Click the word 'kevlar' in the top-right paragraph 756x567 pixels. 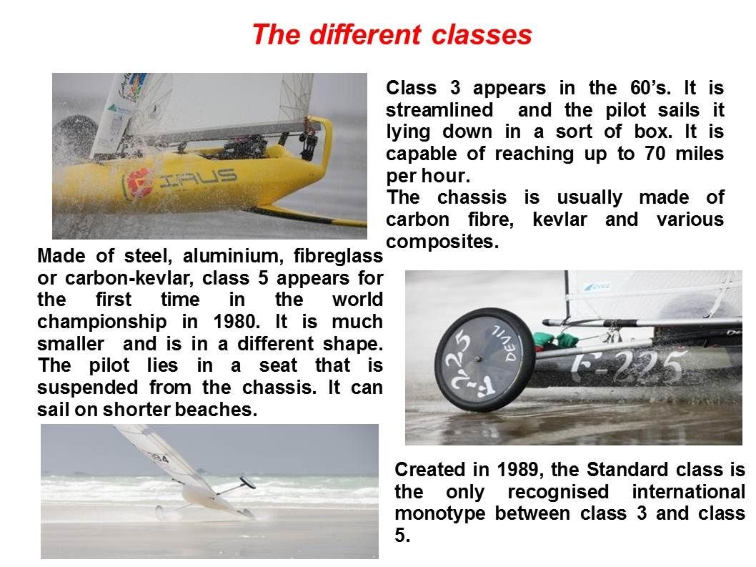coord(559,220)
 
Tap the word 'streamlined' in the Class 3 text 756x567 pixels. coord(439,110)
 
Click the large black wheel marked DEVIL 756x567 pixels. coord(484,360)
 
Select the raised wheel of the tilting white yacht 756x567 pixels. coord(247,482)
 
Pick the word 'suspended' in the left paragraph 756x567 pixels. coord(88,388)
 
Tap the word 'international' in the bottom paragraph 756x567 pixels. coord(689,492)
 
